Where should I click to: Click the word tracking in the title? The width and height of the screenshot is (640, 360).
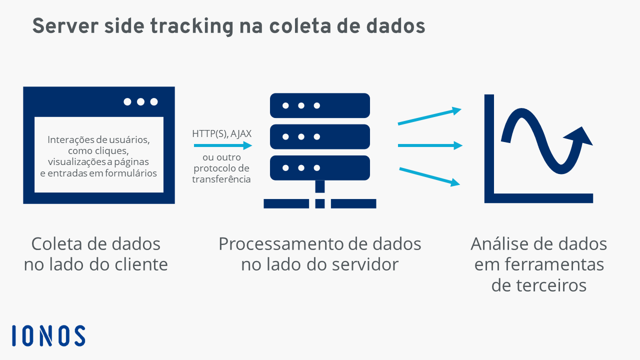click(x=191, y=26)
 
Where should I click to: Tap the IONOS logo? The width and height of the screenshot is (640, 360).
click(x=48, y=335)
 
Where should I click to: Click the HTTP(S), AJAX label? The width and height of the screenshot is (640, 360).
click(x=221, y=133)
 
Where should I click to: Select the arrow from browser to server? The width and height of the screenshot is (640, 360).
click(x=223, y=145)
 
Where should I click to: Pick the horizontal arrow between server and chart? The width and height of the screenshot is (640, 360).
click(x=430, y=145)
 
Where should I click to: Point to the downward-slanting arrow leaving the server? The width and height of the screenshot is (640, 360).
click(x=429, y=177)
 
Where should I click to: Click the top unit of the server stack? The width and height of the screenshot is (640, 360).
click(x=319, y=105)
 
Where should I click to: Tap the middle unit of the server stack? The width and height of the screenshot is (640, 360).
click(x=319, y=136)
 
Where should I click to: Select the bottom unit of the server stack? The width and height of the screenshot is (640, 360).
click(x=319, y=167)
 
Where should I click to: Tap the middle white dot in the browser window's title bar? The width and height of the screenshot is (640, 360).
click(x=140, y=101)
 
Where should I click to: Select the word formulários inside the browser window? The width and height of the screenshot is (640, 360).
click(x=131, y=173)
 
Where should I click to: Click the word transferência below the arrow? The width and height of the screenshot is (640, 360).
click(x=221, y=179)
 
